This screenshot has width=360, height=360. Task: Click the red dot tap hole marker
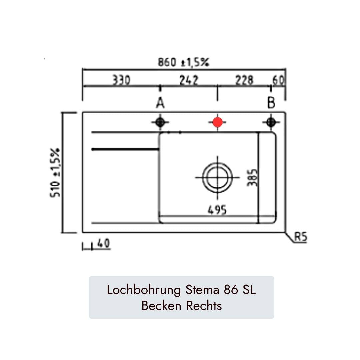217,122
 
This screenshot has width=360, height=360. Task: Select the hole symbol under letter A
160,122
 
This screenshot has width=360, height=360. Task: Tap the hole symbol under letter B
271,122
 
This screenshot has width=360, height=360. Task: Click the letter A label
160,103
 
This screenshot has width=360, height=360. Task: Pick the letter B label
271,103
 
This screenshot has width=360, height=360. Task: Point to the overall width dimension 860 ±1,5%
183,62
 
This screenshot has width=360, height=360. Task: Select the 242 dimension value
189,80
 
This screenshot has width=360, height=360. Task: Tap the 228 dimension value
244,80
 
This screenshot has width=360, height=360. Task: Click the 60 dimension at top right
278,80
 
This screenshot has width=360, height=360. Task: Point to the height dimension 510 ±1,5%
55,172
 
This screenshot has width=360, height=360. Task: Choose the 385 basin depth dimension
253,177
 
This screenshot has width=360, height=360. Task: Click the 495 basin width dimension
217,210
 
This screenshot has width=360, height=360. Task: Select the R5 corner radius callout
301,237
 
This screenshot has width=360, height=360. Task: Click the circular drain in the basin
217,177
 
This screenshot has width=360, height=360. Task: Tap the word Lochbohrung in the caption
143,290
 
